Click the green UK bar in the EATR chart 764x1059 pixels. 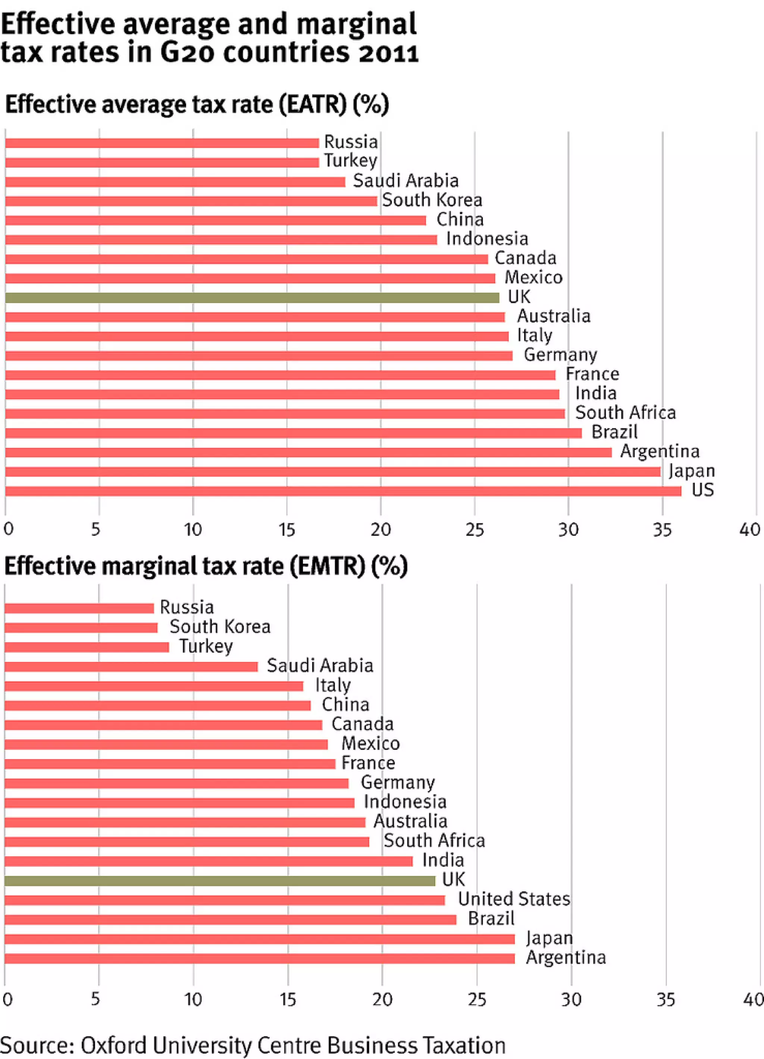pyautogui.click(x=252, y=297)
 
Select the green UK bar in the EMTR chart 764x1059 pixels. pyautogui.click(x=219, y=881)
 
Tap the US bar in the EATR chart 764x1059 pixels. pyautogui.click(x=343, y=491)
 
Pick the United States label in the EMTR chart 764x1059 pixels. pyautogui.click(x=514, y=899)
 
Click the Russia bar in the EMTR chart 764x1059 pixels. pyautogui.click(x=79, y=608)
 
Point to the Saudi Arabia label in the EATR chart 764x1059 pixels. pyautogui.click(x=406, y=181)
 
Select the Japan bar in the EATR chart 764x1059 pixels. pyautogui.click(x=333, y=472)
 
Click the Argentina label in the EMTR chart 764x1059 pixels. pyautogui.click(x=566, y=957)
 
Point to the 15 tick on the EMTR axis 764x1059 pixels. pyautogui.click(x=288, y=1000)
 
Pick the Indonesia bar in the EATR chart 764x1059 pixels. pyautogui.click(x=221, y=240)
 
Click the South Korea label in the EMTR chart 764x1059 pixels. pyautogui.click(x=220, y=627)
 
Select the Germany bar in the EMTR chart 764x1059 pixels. pyautogui.click(x=176, y=783)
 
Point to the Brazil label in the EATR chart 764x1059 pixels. pyautogui.click(x=614, y=432)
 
